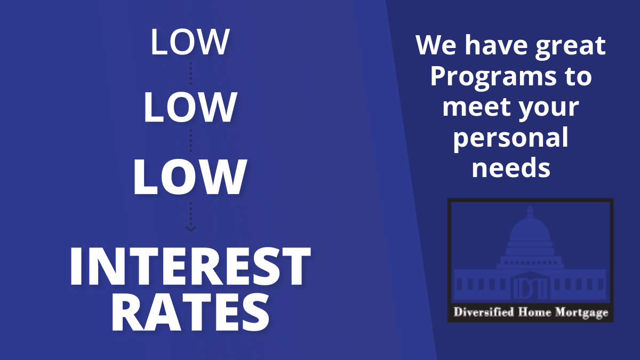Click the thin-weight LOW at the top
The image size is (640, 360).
pyautogui.click(x=190, y=42)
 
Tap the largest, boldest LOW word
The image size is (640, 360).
pyautogui.click(x=190, y=177)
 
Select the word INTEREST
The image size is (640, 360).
pyautogui.click(x=190, y=266)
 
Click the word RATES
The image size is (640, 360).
pyautogui.click(x=190, y=313)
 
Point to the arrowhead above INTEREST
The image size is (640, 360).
pyautogui.click(x=191, y=229)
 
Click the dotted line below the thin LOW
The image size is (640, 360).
pyautogui.click(x=191, y=74)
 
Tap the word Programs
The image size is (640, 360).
pyautogui.click(x=493, y=77)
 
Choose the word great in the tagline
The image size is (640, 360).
pyautogui.click(x=570, y=46)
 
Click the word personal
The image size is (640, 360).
pyautogui.click(x=511, y=139)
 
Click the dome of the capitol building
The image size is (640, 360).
pyautogui.click(x=530, y=230)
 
